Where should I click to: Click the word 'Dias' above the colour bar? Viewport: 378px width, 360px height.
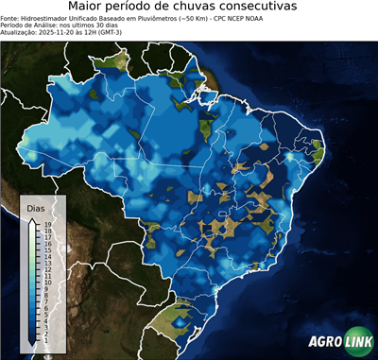click(36, 207)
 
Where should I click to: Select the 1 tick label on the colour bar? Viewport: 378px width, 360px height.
click(46, 337)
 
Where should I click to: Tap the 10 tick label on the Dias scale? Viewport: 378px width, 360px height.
click(47, 282)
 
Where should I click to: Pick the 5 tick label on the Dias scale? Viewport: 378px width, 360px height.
click(46, 313)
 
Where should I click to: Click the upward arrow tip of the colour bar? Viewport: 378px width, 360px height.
click(34, 218)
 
